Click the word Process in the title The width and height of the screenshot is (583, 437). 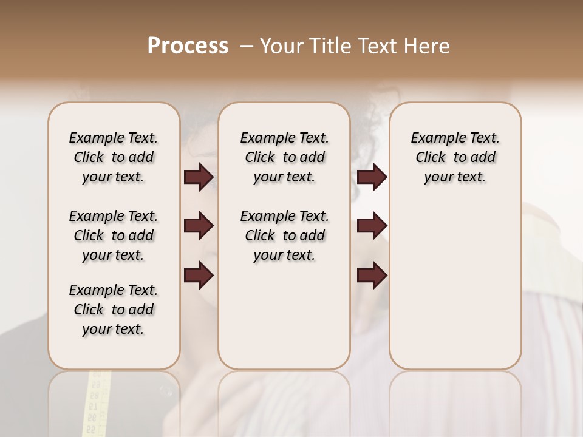[188, 46]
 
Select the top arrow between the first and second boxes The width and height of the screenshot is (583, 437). [199, 177]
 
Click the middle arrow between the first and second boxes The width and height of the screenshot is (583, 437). [199, 226]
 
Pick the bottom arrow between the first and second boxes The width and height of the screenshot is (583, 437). [199, 275]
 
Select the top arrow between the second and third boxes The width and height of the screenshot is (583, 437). [372, 177]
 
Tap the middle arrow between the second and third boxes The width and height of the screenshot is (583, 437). [372, 226]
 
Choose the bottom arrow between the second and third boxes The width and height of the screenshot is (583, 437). [372, 275]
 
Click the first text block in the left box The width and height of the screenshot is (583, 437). [114, 157]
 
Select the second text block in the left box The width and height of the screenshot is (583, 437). [114, 235]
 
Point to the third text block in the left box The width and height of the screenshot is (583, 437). [114, 310]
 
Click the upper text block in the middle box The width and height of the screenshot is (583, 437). [284, 157]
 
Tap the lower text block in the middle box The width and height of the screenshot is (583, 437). [284, 235]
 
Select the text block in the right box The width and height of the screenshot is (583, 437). [455, 157]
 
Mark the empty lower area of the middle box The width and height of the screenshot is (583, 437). [284, 316]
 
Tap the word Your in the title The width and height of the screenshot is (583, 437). [280, 46]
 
